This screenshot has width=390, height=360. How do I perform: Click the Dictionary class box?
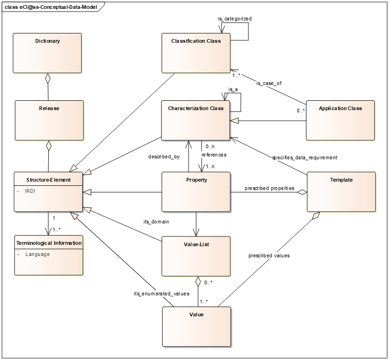pos(47,53)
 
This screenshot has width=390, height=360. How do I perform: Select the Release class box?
pos(49,120)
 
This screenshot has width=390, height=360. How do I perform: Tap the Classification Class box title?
pos(195,41)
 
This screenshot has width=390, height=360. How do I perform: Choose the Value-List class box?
pos(195,256)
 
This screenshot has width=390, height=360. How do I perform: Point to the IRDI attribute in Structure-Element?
pos(31,190)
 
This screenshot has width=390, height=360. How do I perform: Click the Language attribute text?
pos(37,254)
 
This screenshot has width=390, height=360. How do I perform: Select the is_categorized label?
pos(234,19)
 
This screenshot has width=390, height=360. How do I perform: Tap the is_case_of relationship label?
pos(269,83)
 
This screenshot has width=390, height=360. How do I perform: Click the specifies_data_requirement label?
pos(304,157)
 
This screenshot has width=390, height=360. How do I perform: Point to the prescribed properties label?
pos(269,188)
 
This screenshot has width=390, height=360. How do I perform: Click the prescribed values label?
pos(269,255)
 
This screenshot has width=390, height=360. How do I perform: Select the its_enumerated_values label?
pos(161,294)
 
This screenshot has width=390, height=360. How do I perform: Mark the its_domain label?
pos(156,222)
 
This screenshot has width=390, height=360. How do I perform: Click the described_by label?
pos(163,157)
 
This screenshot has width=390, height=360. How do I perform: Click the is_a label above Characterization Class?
pos(233,89)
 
